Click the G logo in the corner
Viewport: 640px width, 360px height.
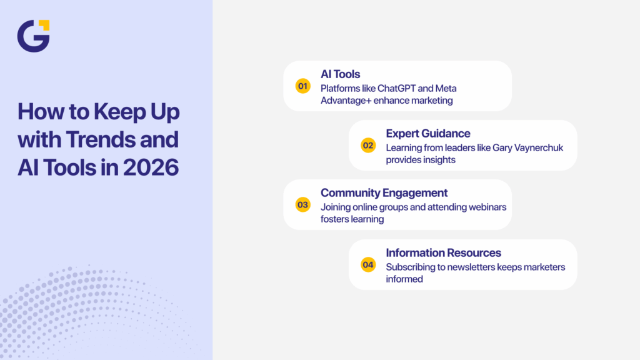33,36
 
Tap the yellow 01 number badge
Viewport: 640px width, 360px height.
302,86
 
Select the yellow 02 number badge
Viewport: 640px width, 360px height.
368,146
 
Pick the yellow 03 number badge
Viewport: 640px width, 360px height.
302,204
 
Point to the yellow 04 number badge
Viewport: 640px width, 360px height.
368,264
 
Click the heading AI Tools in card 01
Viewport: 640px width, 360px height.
340,74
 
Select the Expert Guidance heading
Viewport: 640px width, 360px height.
427,134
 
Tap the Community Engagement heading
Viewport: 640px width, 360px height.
384,192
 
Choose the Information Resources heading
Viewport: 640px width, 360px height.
443,252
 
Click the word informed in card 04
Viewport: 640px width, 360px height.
404,279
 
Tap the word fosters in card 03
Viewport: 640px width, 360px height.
336,219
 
